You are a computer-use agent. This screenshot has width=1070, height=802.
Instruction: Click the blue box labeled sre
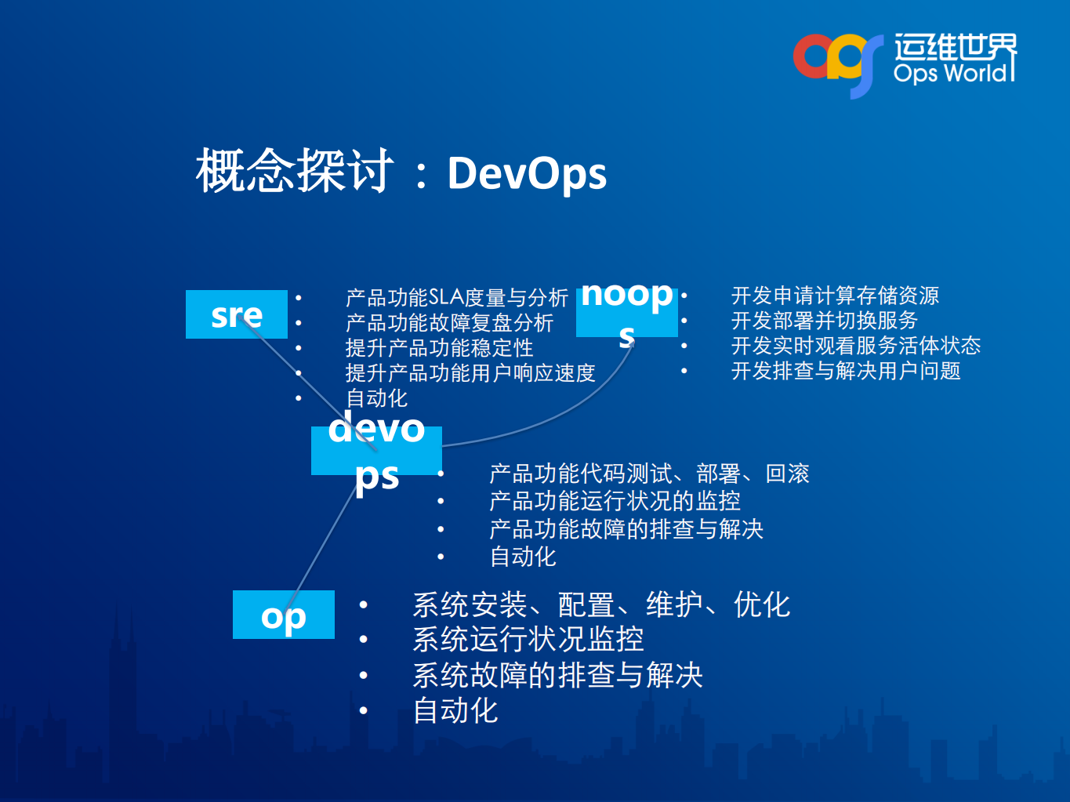[236, 314]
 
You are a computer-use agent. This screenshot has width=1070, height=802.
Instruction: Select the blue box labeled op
[283, 615]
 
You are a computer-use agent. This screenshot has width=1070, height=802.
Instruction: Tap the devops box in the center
[376, 451]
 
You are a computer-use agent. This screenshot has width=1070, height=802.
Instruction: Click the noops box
[626, 312]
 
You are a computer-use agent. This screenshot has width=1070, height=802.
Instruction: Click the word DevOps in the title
[527, 173]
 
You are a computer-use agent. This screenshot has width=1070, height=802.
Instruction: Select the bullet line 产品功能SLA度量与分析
[456, 298]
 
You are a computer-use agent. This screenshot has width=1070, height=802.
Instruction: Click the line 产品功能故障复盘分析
[449, 323]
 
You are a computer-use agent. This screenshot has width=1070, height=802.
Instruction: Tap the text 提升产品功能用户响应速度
[470, 373]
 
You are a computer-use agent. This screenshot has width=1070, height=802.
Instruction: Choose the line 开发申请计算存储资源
[835, 296]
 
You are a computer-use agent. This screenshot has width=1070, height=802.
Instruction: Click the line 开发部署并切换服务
[824, 321]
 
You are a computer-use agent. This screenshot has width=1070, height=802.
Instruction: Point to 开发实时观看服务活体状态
[855, 346]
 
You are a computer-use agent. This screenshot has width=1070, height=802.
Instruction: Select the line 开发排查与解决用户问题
[846, 371]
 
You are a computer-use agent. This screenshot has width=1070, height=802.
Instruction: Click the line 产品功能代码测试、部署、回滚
[649, 474]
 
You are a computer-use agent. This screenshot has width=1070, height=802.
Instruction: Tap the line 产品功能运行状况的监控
[615, 501]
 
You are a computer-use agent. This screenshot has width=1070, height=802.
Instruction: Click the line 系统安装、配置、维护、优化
[601, 604]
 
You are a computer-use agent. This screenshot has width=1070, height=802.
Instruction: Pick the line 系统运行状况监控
[528, 640]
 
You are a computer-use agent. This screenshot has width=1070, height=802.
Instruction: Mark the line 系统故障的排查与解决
[557, 675]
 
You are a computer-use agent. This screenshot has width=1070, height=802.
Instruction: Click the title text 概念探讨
[295, 172]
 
